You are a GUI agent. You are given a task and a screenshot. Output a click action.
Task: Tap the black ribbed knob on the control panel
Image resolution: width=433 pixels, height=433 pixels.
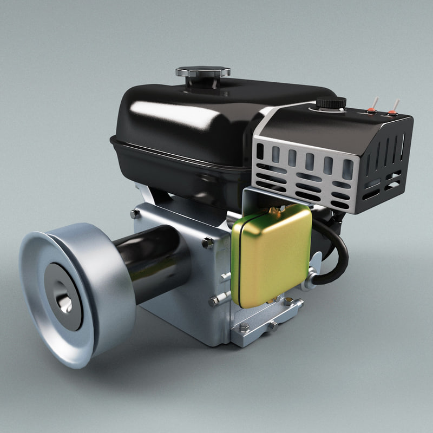331,102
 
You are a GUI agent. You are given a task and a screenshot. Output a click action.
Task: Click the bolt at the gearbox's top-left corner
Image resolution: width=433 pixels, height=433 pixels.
135,214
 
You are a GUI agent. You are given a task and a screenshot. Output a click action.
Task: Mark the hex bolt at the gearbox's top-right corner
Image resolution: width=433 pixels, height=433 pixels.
207,243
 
